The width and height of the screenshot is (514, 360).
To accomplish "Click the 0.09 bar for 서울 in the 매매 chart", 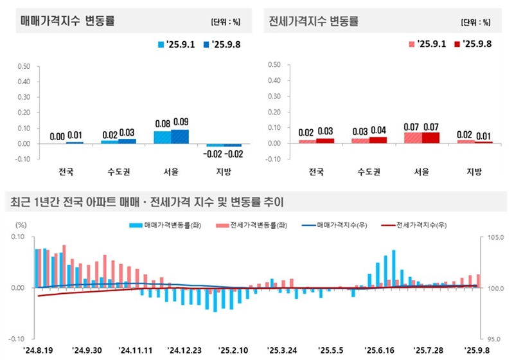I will (180, 136).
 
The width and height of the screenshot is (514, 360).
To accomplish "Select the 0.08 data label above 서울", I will (163, 123).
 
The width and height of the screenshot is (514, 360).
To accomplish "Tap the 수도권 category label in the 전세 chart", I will (369, 172).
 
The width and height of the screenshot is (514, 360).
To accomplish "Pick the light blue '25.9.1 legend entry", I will (177, 45).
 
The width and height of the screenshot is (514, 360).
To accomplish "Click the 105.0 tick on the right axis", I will (495, 238).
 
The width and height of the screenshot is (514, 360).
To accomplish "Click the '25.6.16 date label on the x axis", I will (380, 350).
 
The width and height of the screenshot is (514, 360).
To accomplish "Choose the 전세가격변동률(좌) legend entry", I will (246, 226).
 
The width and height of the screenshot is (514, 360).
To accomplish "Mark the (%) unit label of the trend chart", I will (21, 224).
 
